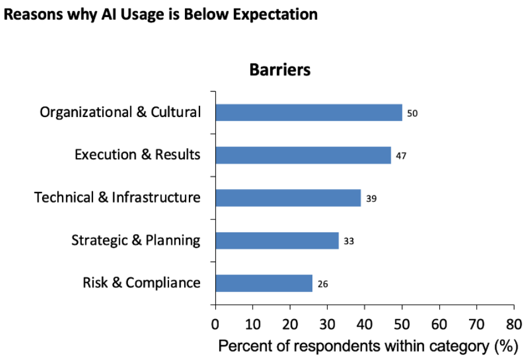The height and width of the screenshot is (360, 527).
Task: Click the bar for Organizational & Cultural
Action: tap(309, 112)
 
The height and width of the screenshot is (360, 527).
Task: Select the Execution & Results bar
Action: tap(303, 155)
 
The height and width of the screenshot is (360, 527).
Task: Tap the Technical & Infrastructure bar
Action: tap(288, 198)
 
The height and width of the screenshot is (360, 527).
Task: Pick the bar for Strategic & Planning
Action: tap(277, 241)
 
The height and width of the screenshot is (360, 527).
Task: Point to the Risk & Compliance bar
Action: tap(264, 283)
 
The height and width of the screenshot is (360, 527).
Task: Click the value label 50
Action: tap(412, 113)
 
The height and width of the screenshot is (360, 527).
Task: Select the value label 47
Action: tap(401, 156)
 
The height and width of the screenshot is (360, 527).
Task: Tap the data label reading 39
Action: tap(371, 198)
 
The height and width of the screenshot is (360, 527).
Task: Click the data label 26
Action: tap(322, 284)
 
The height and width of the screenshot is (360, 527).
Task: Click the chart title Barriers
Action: tap(280, 70)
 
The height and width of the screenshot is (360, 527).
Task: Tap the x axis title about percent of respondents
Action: tap(368, 346)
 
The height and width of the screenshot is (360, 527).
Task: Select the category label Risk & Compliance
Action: tap(142, 283)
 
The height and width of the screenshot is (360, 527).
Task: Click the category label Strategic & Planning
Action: tap(136, 241)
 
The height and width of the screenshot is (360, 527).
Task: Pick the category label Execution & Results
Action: tap(137, 155)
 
